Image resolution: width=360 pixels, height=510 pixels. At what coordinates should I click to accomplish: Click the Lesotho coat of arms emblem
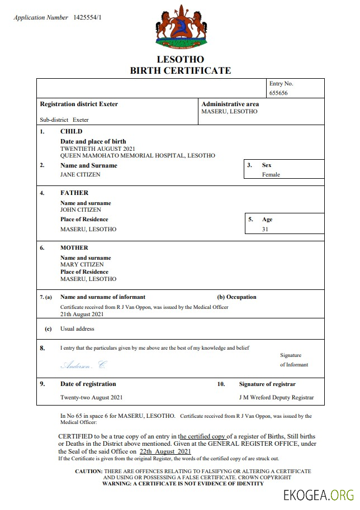tap(181, 26)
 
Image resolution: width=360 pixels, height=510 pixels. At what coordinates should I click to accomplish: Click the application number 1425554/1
tap(87, 18)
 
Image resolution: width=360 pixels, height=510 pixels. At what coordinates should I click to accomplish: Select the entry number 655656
tap(278, 93)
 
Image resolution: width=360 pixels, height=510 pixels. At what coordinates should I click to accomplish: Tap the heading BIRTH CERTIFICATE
tap(180, 70)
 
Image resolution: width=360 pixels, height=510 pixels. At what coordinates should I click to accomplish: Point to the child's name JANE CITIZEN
tap(80, 174)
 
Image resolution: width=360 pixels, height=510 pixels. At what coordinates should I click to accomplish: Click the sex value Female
tap(271, 174)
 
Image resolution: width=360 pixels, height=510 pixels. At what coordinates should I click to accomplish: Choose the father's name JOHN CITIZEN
tap(80, 210)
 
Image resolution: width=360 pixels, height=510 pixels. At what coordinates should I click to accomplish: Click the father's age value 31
tap(265, 229)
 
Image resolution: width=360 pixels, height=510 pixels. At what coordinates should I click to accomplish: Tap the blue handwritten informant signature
tap(83, 365)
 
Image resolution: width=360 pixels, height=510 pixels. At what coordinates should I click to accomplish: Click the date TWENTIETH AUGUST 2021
tap(98, 149)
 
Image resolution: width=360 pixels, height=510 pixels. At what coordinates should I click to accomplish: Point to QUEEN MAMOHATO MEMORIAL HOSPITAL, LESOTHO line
tap(138, 156)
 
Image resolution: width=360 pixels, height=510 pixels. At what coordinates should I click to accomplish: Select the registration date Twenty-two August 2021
tap(91, 398)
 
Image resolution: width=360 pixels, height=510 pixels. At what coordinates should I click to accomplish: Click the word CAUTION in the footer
tap(88, 471)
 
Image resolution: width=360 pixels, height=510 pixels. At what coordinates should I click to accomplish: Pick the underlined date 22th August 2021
tap(165, 451)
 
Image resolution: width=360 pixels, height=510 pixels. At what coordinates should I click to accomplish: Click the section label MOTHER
tap(74, 247)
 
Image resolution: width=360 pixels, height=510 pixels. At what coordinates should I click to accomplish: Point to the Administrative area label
tap(230, 104)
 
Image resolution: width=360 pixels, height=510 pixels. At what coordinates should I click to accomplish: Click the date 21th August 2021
tap(82, 314)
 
